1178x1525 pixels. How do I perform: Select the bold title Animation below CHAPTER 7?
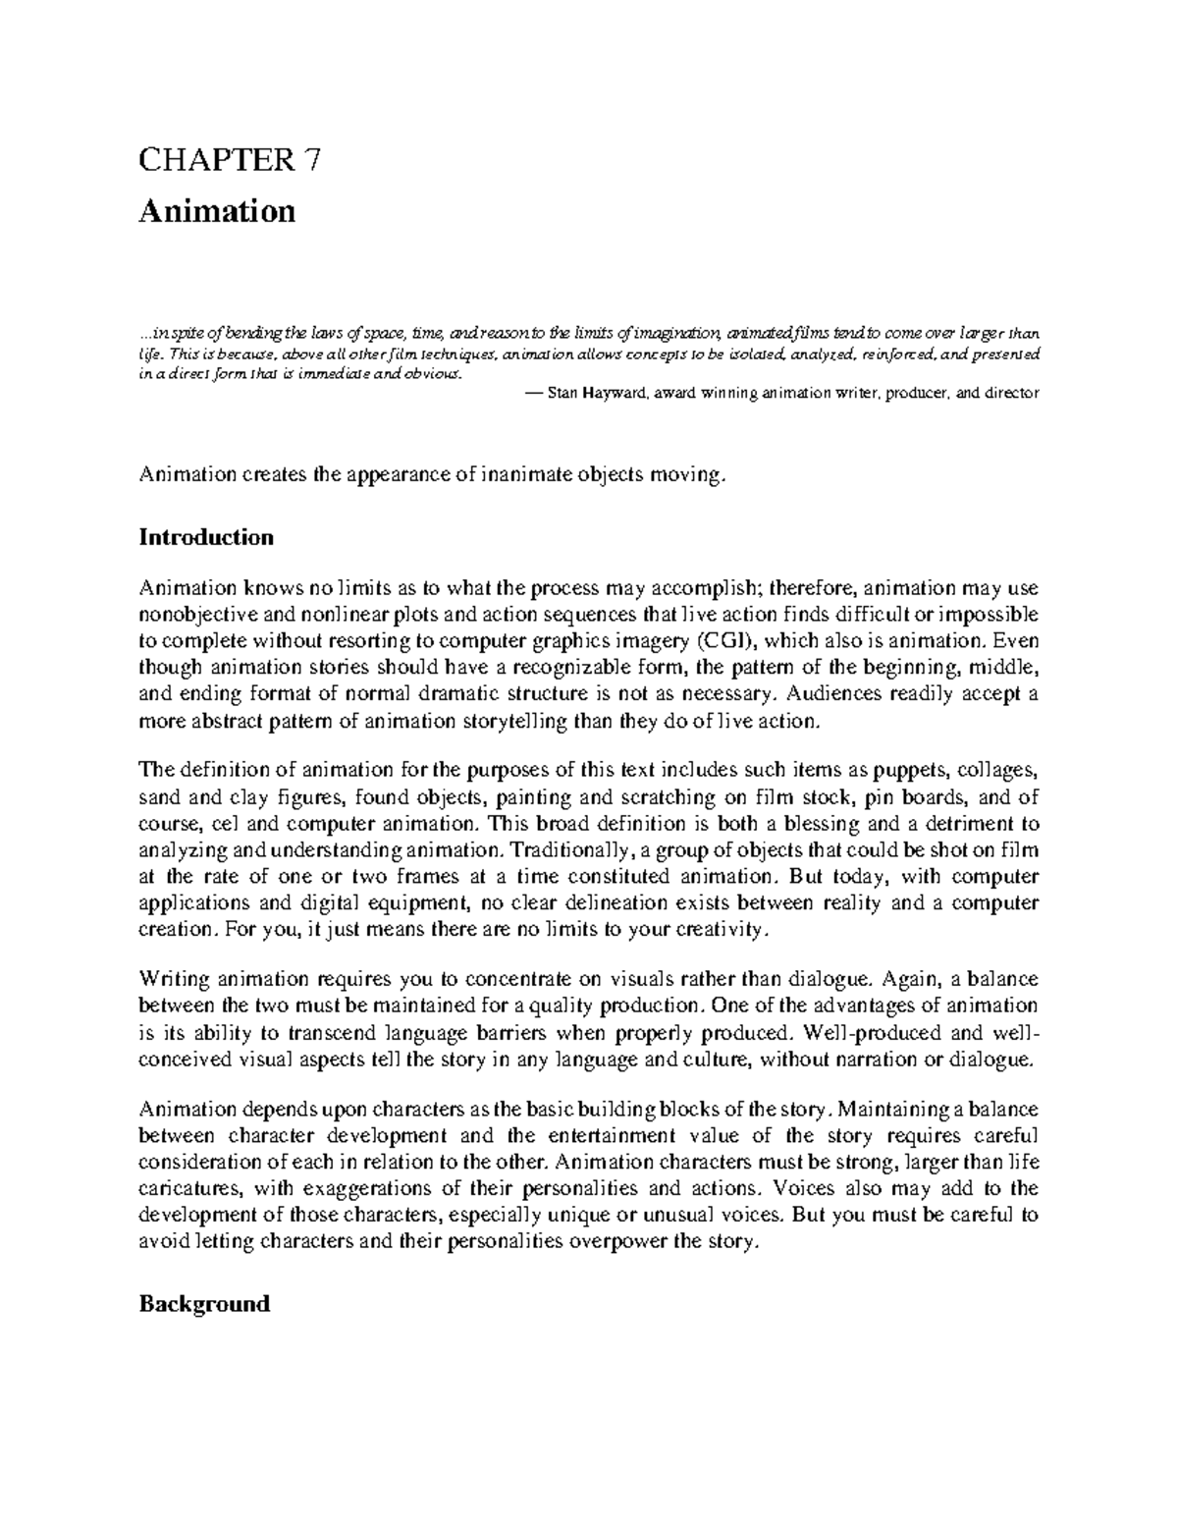pos(217,211)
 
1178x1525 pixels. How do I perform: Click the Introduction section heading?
pos(206,537)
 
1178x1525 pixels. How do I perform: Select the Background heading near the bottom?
pos(204,1304)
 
